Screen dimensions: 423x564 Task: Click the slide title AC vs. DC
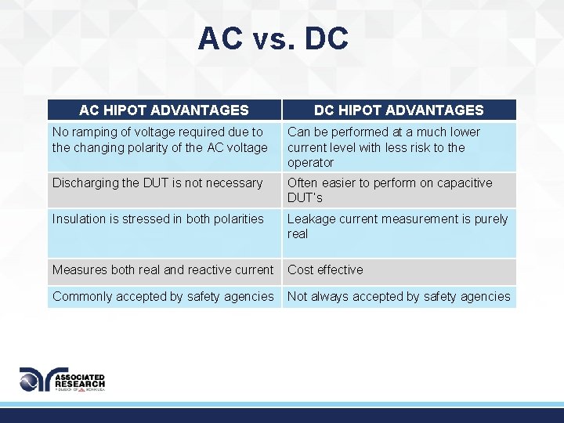(x=273, y=38)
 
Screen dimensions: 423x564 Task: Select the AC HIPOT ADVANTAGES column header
(x=164, y=110)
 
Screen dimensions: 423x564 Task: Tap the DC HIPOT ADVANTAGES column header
(x=399, y=110)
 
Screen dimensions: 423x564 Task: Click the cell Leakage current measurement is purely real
(x=398, y=226)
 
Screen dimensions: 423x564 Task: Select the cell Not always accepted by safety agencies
(x=399, y=297)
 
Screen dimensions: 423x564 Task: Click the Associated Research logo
(x=63, y=380)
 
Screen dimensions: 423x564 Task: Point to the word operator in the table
(x=311, y=163)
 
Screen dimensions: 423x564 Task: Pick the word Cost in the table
(x=301, y=270)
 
